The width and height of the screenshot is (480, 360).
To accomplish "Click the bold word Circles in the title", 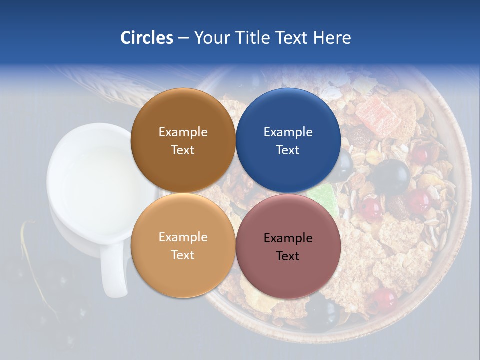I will pos(147,37).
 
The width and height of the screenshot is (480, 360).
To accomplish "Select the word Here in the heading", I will pos(332,37).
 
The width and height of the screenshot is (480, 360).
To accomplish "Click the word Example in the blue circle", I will pos(288,132).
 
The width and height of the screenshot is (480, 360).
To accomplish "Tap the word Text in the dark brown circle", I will pos(183,150).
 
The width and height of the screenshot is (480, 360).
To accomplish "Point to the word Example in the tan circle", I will pos(183,237).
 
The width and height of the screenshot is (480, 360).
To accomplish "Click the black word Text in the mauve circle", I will pos(288,256).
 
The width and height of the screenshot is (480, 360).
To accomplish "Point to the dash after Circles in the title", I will pos(183,38).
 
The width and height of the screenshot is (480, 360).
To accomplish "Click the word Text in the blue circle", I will pos(288,150).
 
